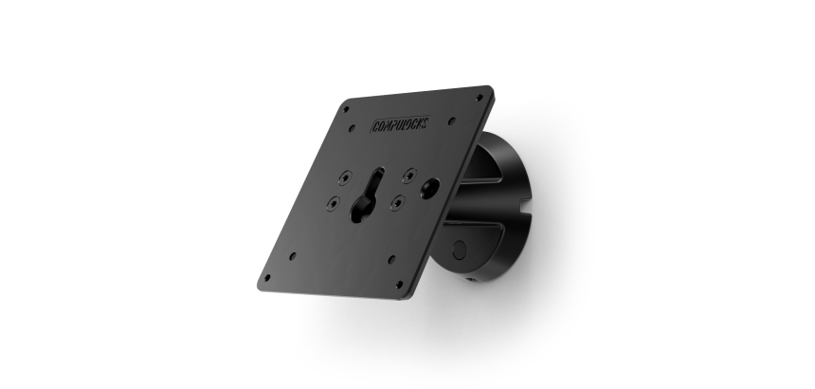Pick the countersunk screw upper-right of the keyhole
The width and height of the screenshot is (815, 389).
coord(407,174)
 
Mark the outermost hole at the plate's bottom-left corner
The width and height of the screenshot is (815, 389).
coord(266,278)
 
